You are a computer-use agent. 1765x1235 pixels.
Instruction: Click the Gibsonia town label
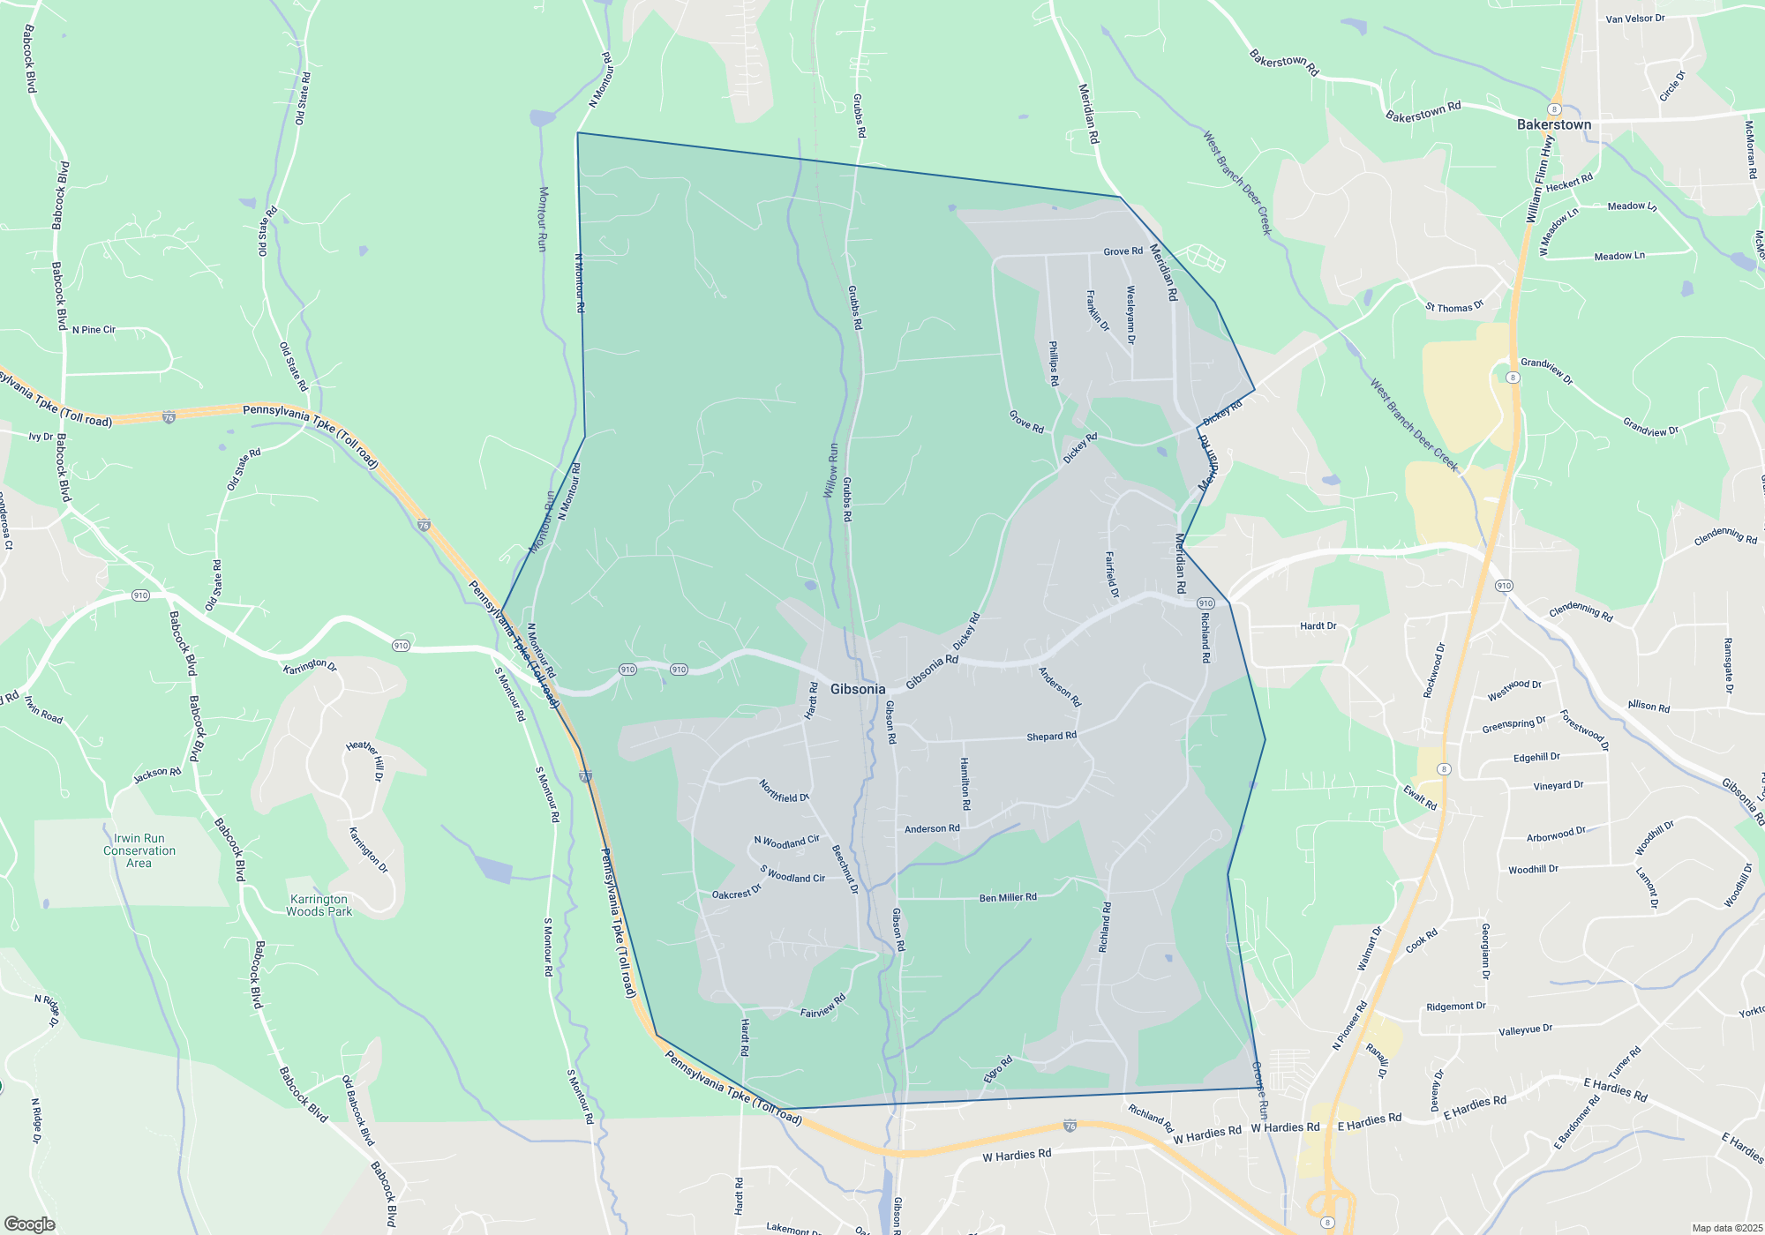point(857,689)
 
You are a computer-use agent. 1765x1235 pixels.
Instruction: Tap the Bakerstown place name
point(1553,124)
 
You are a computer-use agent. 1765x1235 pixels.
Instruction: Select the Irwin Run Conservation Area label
point(139,850)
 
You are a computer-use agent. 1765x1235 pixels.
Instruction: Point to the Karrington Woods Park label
point(319,905)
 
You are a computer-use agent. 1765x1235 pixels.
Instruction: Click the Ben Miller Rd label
point(1008,897)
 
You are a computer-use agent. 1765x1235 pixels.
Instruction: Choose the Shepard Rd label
point(1051,736)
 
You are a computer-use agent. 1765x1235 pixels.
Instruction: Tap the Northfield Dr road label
point(784,790)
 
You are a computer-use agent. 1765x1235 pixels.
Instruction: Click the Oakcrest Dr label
point(736,893)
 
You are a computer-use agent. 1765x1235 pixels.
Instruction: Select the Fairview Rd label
point(822,1007)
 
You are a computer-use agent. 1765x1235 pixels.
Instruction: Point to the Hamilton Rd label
point(965,783)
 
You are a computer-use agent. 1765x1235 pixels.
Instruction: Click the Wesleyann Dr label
point(1130,314)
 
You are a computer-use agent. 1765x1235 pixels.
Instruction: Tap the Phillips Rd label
point(1053,363)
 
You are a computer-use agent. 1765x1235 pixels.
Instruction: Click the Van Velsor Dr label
point(1635,19)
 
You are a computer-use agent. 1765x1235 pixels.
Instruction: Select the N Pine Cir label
point(94,330)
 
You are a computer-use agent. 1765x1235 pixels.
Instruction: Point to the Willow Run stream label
point(830,470)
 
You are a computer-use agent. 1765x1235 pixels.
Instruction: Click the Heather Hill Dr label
point(365,760)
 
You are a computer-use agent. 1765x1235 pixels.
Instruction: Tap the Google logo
point(30,1224)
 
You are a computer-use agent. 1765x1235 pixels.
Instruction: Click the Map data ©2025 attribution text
point(1726,1228)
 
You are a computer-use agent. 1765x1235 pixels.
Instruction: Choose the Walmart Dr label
point(1370,948)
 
